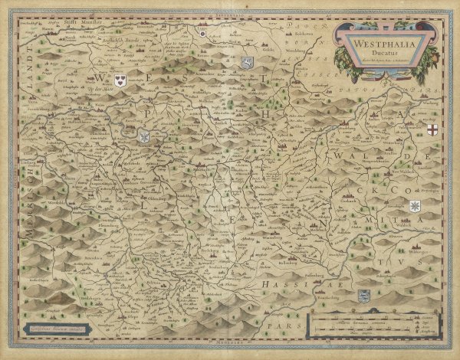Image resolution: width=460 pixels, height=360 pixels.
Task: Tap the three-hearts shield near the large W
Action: click(x=120, y=80)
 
